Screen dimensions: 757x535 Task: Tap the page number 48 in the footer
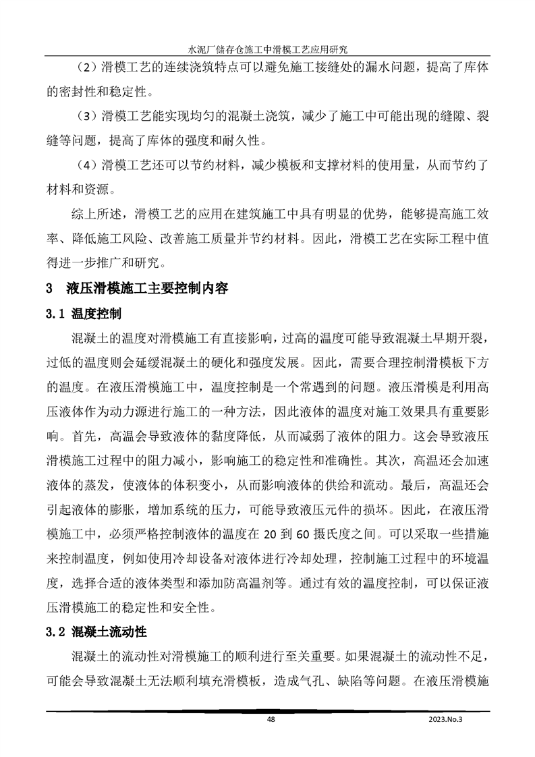click(x=271, y=720)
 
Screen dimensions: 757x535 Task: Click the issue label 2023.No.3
click(x=447, y=720)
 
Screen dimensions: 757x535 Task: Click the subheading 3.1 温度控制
click(x=83, y=314)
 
